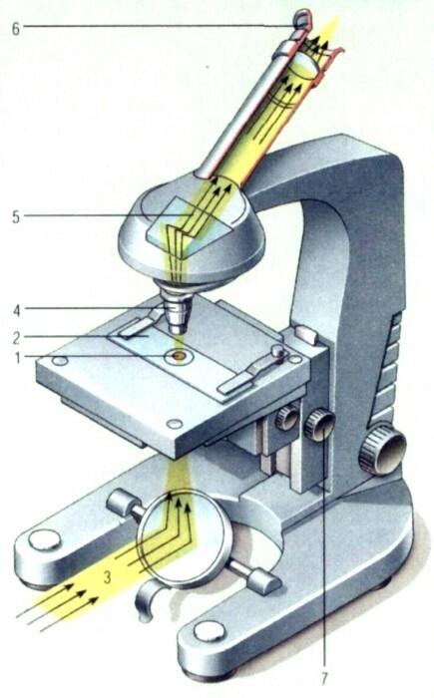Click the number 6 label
pos(16,29)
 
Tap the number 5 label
pos(16,217)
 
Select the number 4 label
pos(17,310)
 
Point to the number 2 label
pos(17,337)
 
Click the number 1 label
pos(18,357)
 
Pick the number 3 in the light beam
pos(107,577)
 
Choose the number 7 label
pos(324,678)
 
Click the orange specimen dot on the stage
pos(179,356)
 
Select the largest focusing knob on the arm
pos(383,450)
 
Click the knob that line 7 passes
pos(319,426)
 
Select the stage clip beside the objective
pos(139,324)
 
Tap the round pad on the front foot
pos(210,631)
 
